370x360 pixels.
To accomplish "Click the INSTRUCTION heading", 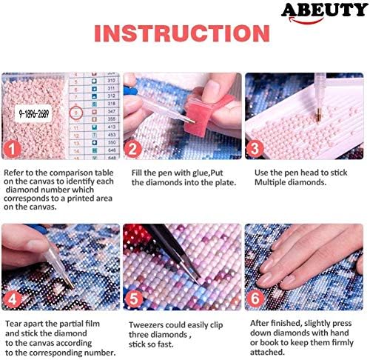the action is tap(182, 33).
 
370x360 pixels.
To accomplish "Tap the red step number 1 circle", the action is tap(11, 149).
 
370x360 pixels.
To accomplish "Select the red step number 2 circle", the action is tap(132, 149).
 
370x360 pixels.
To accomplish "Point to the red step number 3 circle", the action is tap(254, 149).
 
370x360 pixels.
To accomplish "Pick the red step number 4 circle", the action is tap(11, 300).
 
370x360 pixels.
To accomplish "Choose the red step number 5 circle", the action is tap(133, 299).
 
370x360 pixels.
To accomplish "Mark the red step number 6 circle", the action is tap(255, 299).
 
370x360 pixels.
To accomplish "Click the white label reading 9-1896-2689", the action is tap(33, 113).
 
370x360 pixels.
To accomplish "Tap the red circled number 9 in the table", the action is tap(76, 113).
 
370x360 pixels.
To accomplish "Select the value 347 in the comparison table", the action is tap(112, 111).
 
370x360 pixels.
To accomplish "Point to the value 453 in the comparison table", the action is tap(112, 135).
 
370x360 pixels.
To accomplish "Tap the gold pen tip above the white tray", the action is tap(318, 116).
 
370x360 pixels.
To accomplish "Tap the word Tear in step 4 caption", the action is tap(13, 324).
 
